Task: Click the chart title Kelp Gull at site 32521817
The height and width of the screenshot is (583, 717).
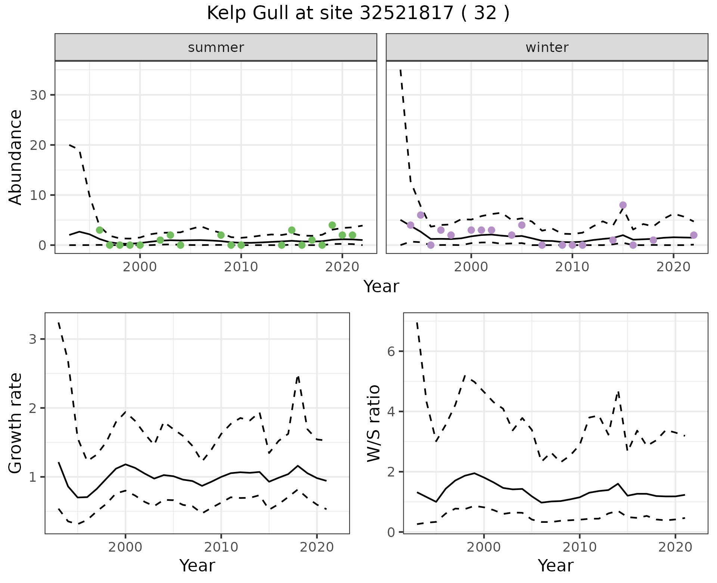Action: click(358, 13)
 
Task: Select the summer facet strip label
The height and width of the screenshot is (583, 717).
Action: click(216, 47)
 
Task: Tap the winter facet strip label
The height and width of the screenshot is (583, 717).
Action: click(547, 47)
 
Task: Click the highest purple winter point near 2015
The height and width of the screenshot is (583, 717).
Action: click(623, 205)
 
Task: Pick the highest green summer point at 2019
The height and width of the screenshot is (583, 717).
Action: click(332, 225)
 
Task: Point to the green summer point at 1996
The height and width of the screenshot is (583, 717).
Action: click(99, 230)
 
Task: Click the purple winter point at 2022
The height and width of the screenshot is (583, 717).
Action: click(693, 235)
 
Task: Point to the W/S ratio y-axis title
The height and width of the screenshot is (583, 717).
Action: click(373, 423)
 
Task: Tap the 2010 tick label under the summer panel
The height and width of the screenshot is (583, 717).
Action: click(241, 267)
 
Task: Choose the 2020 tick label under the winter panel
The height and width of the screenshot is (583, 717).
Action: click(673, 267)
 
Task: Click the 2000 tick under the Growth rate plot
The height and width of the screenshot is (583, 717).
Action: click(125, 547)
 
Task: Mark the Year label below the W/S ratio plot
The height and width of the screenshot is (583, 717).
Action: click(555, 565)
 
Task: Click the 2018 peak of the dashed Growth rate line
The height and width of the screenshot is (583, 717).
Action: click(298, 376)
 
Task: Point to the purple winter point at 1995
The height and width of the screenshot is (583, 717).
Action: click(420, 215)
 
